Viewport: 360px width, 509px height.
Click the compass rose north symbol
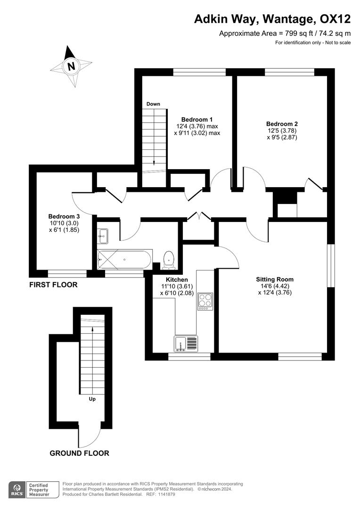click(x=71, y=66)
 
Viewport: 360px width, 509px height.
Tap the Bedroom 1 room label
click(x=197, y=119)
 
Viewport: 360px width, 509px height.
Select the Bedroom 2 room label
click(x=282, y=124)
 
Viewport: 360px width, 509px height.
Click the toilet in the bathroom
click(x=169, y=260)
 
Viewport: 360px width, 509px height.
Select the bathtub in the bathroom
click(x=124, y=259)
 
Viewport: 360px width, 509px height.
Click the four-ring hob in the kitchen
click(x=205, y=301)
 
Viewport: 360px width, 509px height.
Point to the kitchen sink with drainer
click(x=187, y=344)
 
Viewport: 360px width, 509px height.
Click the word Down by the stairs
click(x=153, y=104)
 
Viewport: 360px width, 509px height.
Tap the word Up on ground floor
click(x=92, y=399)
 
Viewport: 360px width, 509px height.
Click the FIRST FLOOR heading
click(x=53, y=285)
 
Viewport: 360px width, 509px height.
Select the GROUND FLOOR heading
click(x=79, y=453)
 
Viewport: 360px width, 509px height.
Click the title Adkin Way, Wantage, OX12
click(x=273, y=19)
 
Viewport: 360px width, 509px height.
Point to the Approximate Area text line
click(x=285, y=33)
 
